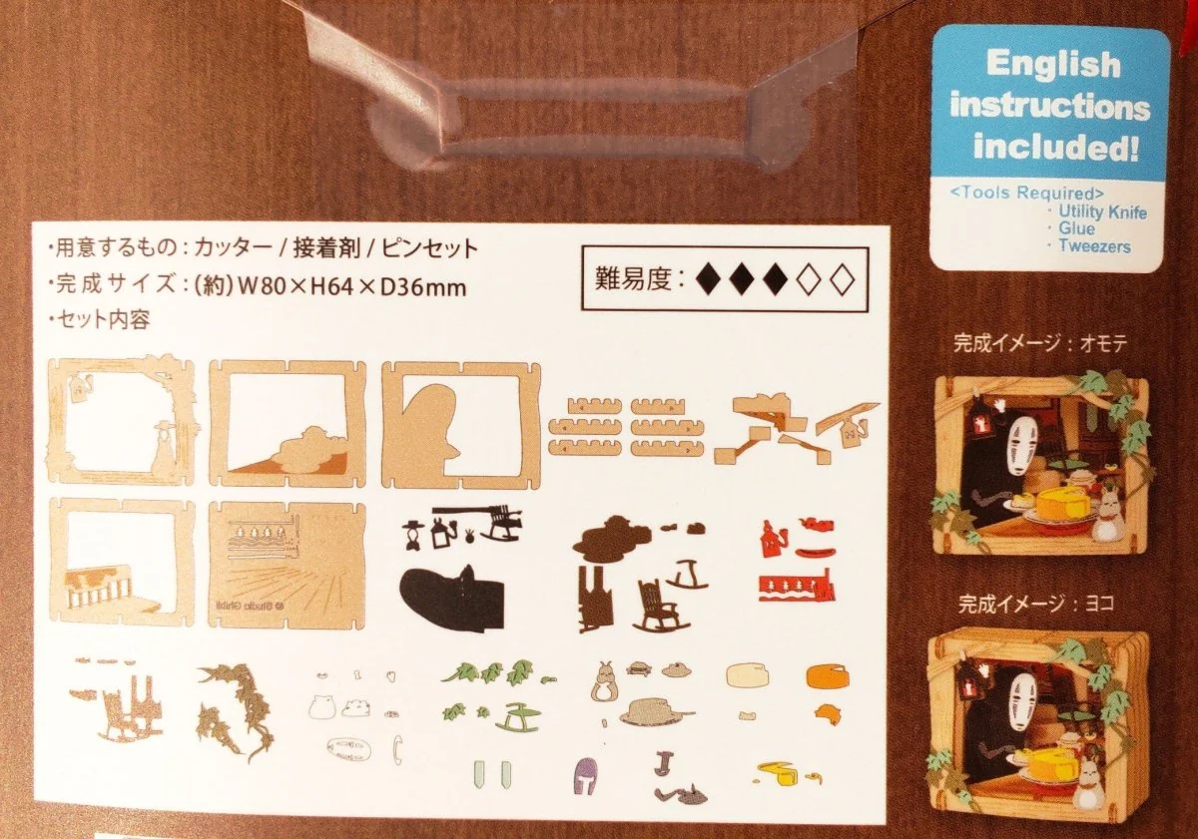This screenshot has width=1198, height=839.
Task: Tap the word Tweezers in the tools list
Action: tap(1094, 246)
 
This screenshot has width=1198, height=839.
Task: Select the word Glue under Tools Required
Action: tap(1076, 228)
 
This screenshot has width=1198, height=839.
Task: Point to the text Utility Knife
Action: tap(1103, 211)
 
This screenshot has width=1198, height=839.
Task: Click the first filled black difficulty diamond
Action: tap(710, 279)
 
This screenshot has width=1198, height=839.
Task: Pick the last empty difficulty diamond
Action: tap(843, 279)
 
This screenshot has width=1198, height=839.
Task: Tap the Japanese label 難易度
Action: tap(633, 279)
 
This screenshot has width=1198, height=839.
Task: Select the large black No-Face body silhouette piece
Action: tap(452, 595)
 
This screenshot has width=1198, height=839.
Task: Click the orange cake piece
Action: tap(827, 676)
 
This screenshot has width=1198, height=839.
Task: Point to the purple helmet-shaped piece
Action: tap(586, 775)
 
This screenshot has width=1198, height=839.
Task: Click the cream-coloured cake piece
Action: tap(748, 675)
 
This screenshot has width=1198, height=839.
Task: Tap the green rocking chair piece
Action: tap(518, 717)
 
